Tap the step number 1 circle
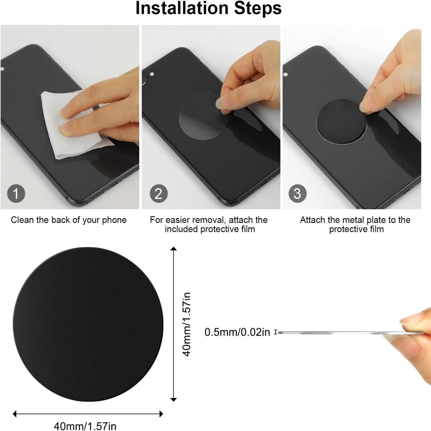pyautogui.click(x=16, y=194)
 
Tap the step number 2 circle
pyautogui.click(x=159, y=194)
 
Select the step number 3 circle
pyautogui.click(x=297, y=194)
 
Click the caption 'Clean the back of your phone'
pyautogui.click(x=69, y=220)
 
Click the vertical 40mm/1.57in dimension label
pyautogui.click(x=187, y=324)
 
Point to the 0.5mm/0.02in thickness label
pyautogui.click(x=237, y=332)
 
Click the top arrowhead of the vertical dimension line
pyautogui.click(x=173, y=249)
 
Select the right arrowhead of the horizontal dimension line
pyautogui.click(x=161, y=414)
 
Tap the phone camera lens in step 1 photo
pyautogui.click(x=3, y=69)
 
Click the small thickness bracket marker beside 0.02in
pyautogui.click(x=276, y=332)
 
